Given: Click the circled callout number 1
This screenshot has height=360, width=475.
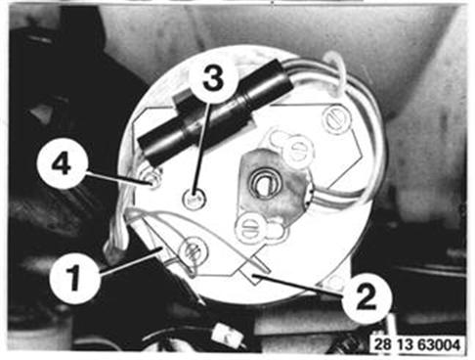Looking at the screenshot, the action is [74, 278].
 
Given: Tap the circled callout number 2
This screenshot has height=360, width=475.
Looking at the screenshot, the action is [367, 298].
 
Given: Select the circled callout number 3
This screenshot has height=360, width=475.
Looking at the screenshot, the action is [213, 79].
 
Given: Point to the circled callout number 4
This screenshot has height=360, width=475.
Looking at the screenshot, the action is [62, 164].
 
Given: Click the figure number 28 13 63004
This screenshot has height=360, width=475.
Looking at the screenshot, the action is [417, 344].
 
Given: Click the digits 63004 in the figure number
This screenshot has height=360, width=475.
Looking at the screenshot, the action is [440, 344].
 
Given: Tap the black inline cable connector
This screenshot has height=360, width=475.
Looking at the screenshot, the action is [215, 110].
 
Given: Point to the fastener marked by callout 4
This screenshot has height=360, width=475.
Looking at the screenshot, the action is [152, 180].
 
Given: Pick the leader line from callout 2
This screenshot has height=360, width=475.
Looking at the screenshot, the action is [299, 285].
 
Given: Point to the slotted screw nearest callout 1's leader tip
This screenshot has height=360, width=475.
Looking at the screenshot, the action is [194, 250].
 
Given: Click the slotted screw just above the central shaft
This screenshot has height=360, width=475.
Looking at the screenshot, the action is [297, 150].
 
